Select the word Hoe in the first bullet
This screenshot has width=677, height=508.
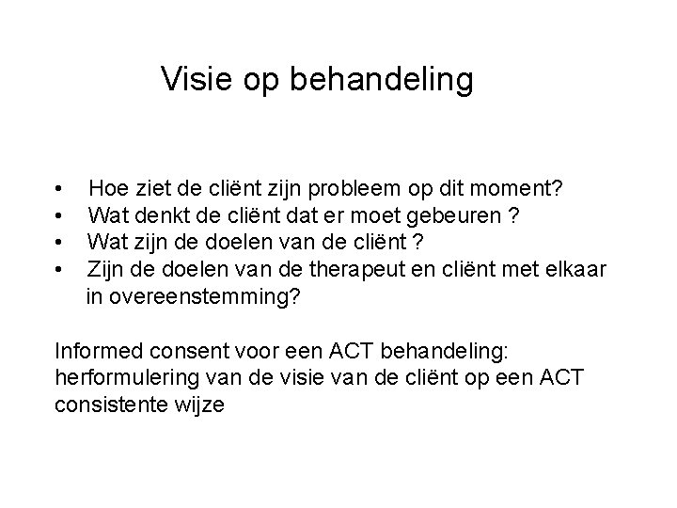107,189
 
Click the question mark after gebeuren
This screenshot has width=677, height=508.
512,216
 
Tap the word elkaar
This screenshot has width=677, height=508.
574,271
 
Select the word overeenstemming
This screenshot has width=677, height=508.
192,298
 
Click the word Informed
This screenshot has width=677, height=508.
97,352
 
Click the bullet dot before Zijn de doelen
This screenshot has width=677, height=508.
60,272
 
